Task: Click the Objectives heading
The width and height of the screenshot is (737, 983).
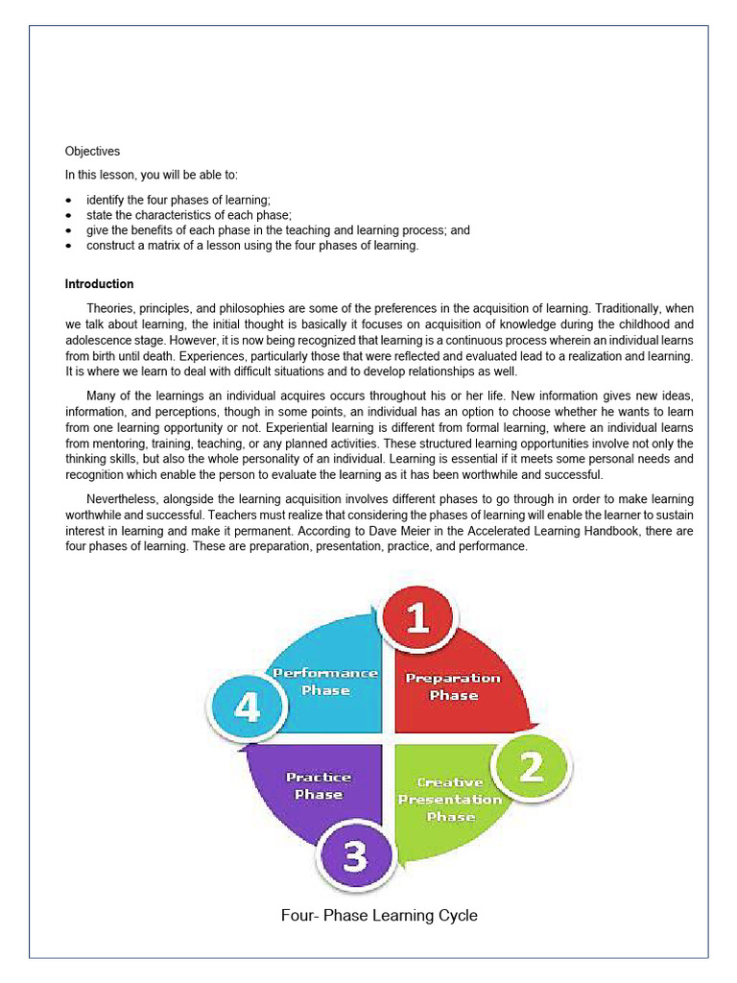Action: click(x=92, y=151)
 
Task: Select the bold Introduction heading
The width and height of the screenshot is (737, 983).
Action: click(x=99, y=284)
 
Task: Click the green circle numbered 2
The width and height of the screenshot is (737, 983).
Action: click(x=532, y=767)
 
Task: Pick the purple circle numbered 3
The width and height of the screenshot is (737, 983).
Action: click(x=355, y=855)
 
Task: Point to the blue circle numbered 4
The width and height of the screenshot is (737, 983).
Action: click(x=247, y=708)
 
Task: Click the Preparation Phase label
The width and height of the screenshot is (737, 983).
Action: click(x=453, y=686)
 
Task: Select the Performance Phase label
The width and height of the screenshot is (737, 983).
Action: click(x=325, y=682)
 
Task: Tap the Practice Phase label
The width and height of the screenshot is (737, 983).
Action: click(x=319, y=785)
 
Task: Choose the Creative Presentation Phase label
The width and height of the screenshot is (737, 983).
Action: click(x=450, y=799)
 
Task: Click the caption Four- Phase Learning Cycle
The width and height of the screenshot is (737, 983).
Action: click(x=379, y=915)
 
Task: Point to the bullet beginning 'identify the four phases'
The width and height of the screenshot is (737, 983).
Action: click(x=178, y=200)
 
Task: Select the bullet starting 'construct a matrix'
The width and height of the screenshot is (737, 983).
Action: click(x=252, y=246)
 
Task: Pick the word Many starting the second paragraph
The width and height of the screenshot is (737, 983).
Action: click(x=101, y=396)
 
